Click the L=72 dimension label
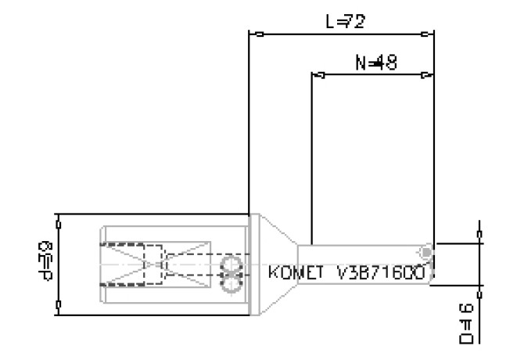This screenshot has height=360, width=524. pos(345,21)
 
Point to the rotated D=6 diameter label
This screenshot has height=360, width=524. pos(467,324)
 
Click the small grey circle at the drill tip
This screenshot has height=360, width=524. pos(425,252)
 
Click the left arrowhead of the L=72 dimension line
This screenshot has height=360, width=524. pos(256,34)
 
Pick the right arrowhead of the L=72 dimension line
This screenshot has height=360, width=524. pos(426,34)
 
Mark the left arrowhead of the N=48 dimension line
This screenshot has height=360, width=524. pos(319,76)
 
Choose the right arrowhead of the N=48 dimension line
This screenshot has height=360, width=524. pos(426,76)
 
